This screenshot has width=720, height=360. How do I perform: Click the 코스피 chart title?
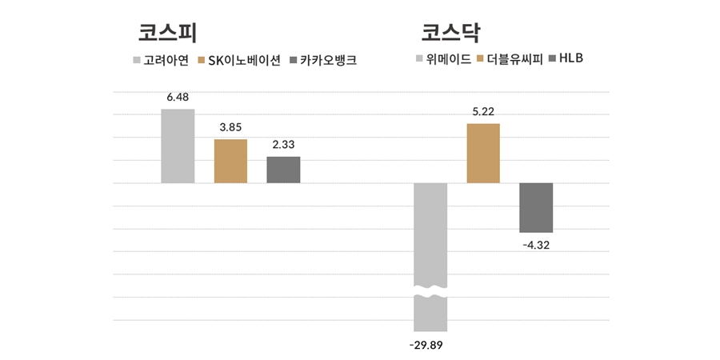(167, 33)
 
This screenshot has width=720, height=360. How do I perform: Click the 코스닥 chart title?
(450, 33)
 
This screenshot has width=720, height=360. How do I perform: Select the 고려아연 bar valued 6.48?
(178, 146)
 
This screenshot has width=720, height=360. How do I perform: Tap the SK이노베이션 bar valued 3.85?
(230, 162)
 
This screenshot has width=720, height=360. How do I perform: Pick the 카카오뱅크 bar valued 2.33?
(283, 170)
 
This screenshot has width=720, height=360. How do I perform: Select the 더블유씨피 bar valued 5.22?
(483, 154)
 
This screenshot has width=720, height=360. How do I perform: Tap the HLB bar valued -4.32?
(536, 207)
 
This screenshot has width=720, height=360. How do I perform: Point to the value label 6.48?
(178, 98)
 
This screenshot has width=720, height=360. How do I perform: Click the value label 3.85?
(230, 127)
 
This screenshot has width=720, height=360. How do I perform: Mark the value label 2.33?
(283, 144)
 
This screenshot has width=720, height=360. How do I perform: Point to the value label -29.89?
(430, 345)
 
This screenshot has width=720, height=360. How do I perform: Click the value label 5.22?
(483, 111)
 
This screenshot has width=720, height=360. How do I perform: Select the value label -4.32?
(536, 245)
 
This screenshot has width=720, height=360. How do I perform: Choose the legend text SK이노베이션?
(244, 61)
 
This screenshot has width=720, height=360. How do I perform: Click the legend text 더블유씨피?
(514, 58)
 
